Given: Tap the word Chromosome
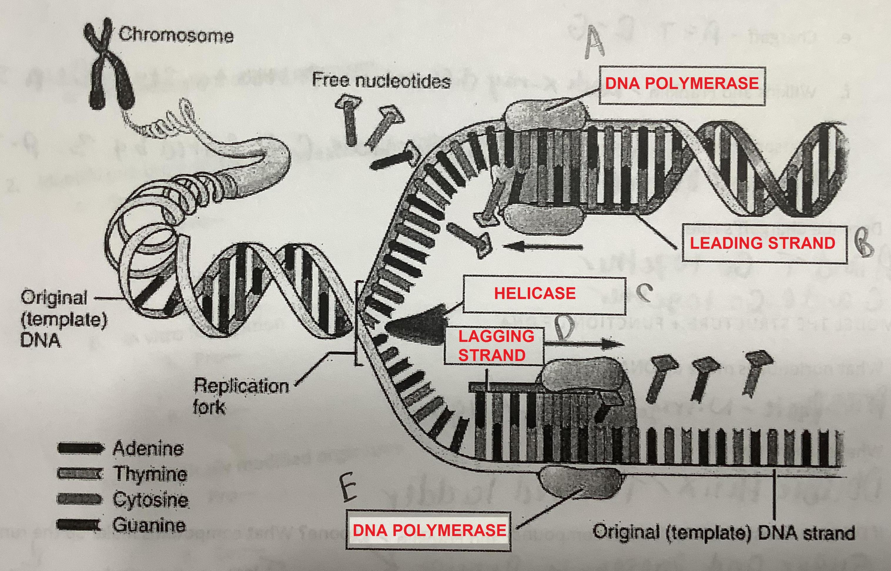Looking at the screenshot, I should click(x=176, y=35).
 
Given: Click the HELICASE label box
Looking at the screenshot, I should click(x=544, y=294).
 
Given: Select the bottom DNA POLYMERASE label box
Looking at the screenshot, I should click(x=429, y=530).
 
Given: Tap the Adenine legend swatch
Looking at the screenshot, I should click(x=79, y=448).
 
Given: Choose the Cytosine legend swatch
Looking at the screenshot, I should click(x=79, y=499).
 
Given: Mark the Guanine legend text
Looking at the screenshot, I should click(x=149, y=525).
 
